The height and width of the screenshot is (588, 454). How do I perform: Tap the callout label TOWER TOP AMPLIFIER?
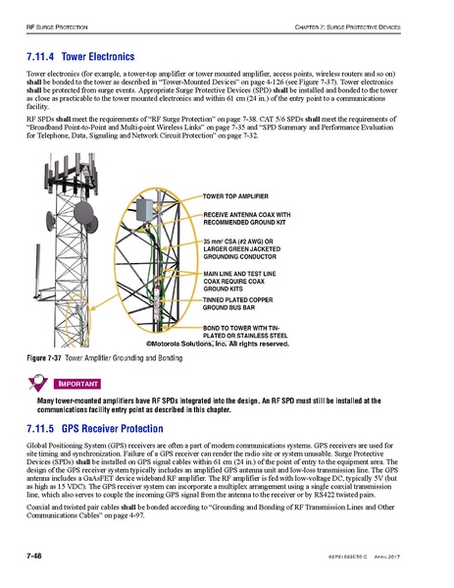tap(238, 198)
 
